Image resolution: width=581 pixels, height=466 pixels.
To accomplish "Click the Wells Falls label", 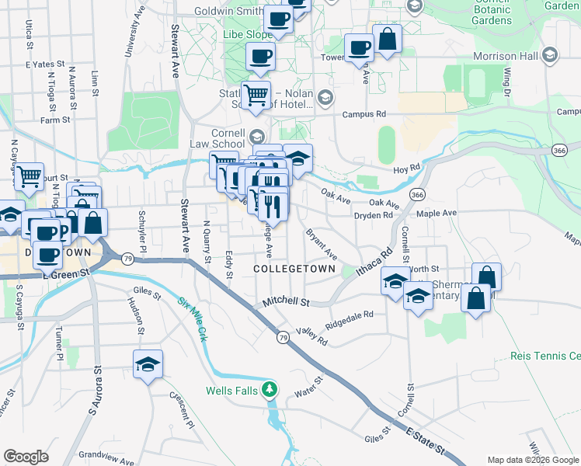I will (231, 390).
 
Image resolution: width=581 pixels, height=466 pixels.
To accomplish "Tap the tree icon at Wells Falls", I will (270, 388).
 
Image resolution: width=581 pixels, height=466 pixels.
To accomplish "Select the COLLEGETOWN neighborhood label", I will (294, 269).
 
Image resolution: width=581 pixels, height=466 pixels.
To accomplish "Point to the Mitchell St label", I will (286, 301).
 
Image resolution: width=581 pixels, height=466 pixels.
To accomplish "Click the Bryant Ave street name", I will (321, 244).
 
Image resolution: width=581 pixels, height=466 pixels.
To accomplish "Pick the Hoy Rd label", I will (406, 167).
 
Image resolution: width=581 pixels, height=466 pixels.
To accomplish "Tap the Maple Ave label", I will (437, 213).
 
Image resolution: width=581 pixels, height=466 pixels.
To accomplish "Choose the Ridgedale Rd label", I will (350, 319).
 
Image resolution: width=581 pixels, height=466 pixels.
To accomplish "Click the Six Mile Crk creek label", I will (192, 321).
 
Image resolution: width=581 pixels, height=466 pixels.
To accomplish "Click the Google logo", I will (26, 457).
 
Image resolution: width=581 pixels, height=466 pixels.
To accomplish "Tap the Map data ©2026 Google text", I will (533, 460).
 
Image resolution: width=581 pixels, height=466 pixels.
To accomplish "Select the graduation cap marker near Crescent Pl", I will (147, 363).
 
